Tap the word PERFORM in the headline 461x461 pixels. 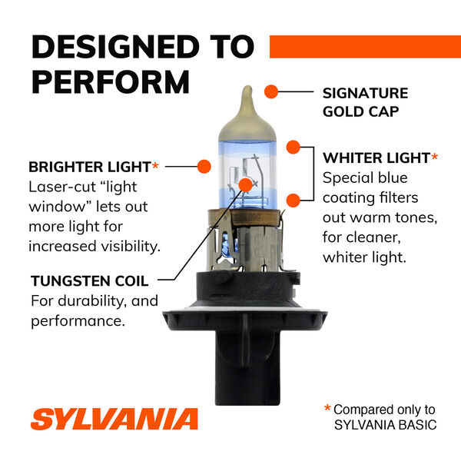[x=110, y=81]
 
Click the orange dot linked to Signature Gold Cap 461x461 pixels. [x=270, y=92]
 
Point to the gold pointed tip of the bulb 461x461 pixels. [x=246, y=96]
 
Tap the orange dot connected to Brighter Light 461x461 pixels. [x=204, y=166]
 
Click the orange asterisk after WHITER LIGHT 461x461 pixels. [x=435, y=158]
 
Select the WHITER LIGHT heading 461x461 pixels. [x=376, y=158]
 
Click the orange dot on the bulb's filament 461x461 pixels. [x=246, y=184]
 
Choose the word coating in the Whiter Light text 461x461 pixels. [x=349, y=197]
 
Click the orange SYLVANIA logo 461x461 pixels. [x=114, y=419]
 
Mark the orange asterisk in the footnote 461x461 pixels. [x=327, y=410]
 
